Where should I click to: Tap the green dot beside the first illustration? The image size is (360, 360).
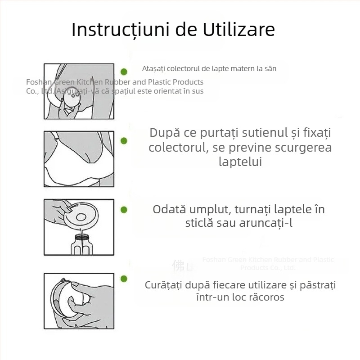(x=124, y=72)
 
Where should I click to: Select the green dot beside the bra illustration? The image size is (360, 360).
(x=124, y=141)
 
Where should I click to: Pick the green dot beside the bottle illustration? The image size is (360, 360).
(x=124, y=210)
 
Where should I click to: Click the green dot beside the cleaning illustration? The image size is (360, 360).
(x=124, y=279)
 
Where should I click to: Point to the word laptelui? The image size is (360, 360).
(x=240, y=162)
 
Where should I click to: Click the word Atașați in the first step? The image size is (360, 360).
(x=153, y=69)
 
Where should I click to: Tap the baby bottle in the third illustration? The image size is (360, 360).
(x=81, y=243)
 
